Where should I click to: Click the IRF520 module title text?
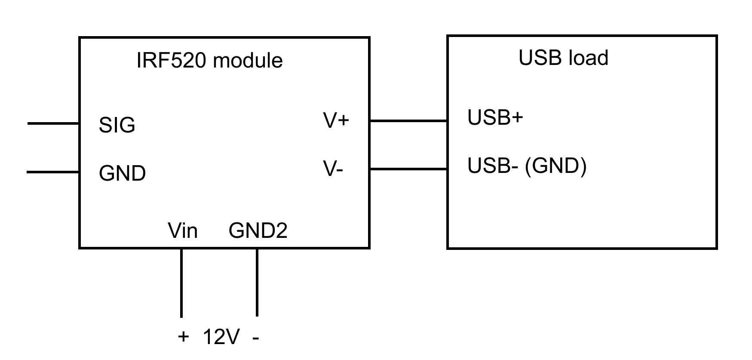click(209, 60)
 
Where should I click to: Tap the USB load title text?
click(563, 58)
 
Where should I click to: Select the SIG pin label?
click(117, 125)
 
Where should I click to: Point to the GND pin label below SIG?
click(123, 173)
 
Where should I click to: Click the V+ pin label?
click(336, 120)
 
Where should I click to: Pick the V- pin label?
click(333, 169)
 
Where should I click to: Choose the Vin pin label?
click(183, 231)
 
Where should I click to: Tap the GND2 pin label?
click(258, 231)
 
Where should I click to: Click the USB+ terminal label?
click(495, 117)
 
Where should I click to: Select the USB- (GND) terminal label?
click(527, 166)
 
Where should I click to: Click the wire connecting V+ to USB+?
click(408, 121)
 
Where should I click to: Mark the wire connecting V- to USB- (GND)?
click(408, 169)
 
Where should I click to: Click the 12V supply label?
click(221, 337)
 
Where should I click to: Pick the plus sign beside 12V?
click(183, 336)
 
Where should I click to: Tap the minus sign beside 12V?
click(256, 338)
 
